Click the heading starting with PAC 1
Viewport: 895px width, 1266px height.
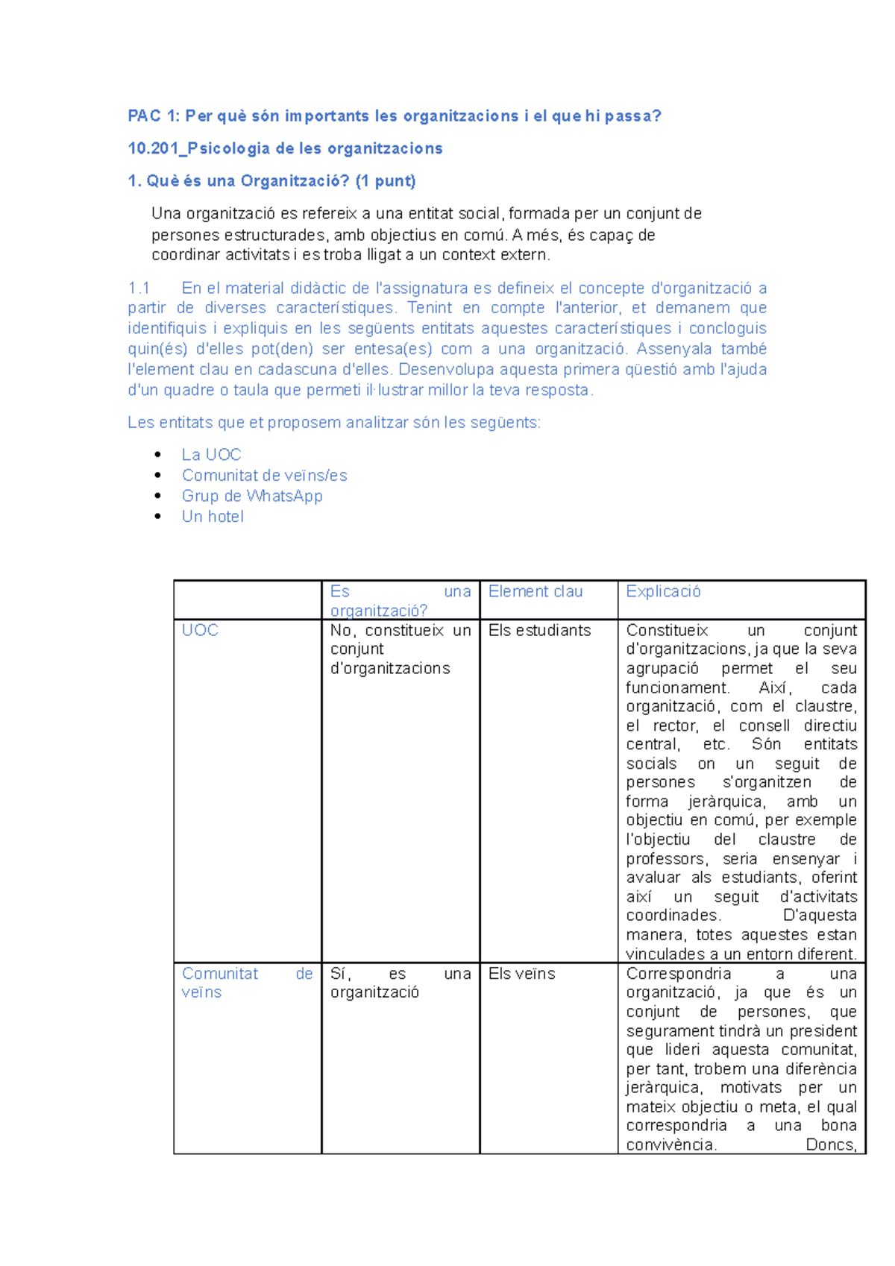[x=394, y=116]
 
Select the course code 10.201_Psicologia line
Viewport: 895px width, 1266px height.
[x=285, y=148]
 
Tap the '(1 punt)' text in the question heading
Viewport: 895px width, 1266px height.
[x=386, y=180]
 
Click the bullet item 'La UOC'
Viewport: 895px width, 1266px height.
[x=211, y=455]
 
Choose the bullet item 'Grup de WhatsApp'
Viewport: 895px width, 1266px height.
[x=252, y=496]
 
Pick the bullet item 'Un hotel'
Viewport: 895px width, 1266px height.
[x=213, y=517]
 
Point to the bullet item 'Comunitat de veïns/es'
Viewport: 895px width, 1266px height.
[x=264, y=476]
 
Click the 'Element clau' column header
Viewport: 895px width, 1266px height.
[x=535, y=591]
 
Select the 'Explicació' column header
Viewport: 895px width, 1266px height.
[x=663, y=591]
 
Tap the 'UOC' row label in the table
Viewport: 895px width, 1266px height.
[x=200, y=630]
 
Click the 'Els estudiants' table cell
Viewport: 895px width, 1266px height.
[x=539, y=630]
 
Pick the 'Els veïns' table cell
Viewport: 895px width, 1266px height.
[x=521, y=974]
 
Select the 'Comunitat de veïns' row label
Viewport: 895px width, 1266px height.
[x=246, y=983]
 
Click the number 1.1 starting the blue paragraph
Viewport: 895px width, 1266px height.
[x=139, y=288]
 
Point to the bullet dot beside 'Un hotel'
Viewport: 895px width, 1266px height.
[x=157, y=516]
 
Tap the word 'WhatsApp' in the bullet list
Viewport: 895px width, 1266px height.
[x=284, y=496]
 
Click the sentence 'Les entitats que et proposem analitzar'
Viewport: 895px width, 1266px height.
[x=333, y=423]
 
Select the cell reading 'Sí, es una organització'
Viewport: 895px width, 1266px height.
[x=400, y=983]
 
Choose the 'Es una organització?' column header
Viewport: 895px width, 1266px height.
[x=400, y=601]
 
